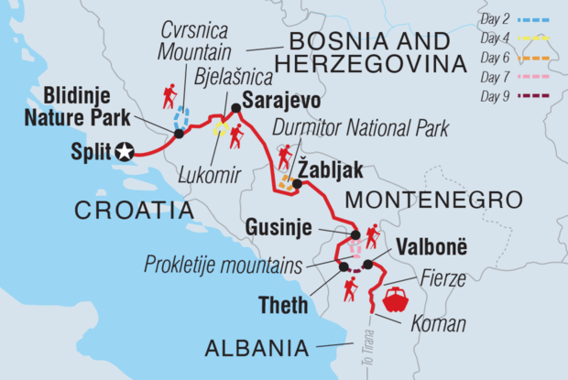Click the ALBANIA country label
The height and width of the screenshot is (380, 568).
(259, 349)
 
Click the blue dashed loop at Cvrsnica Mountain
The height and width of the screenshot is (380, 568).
(183, 118)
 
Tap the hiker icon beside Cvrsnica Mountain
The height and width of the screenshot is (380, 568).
(169, 94)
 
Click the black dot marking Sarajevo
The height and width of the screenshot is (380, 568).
(236, 108)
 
